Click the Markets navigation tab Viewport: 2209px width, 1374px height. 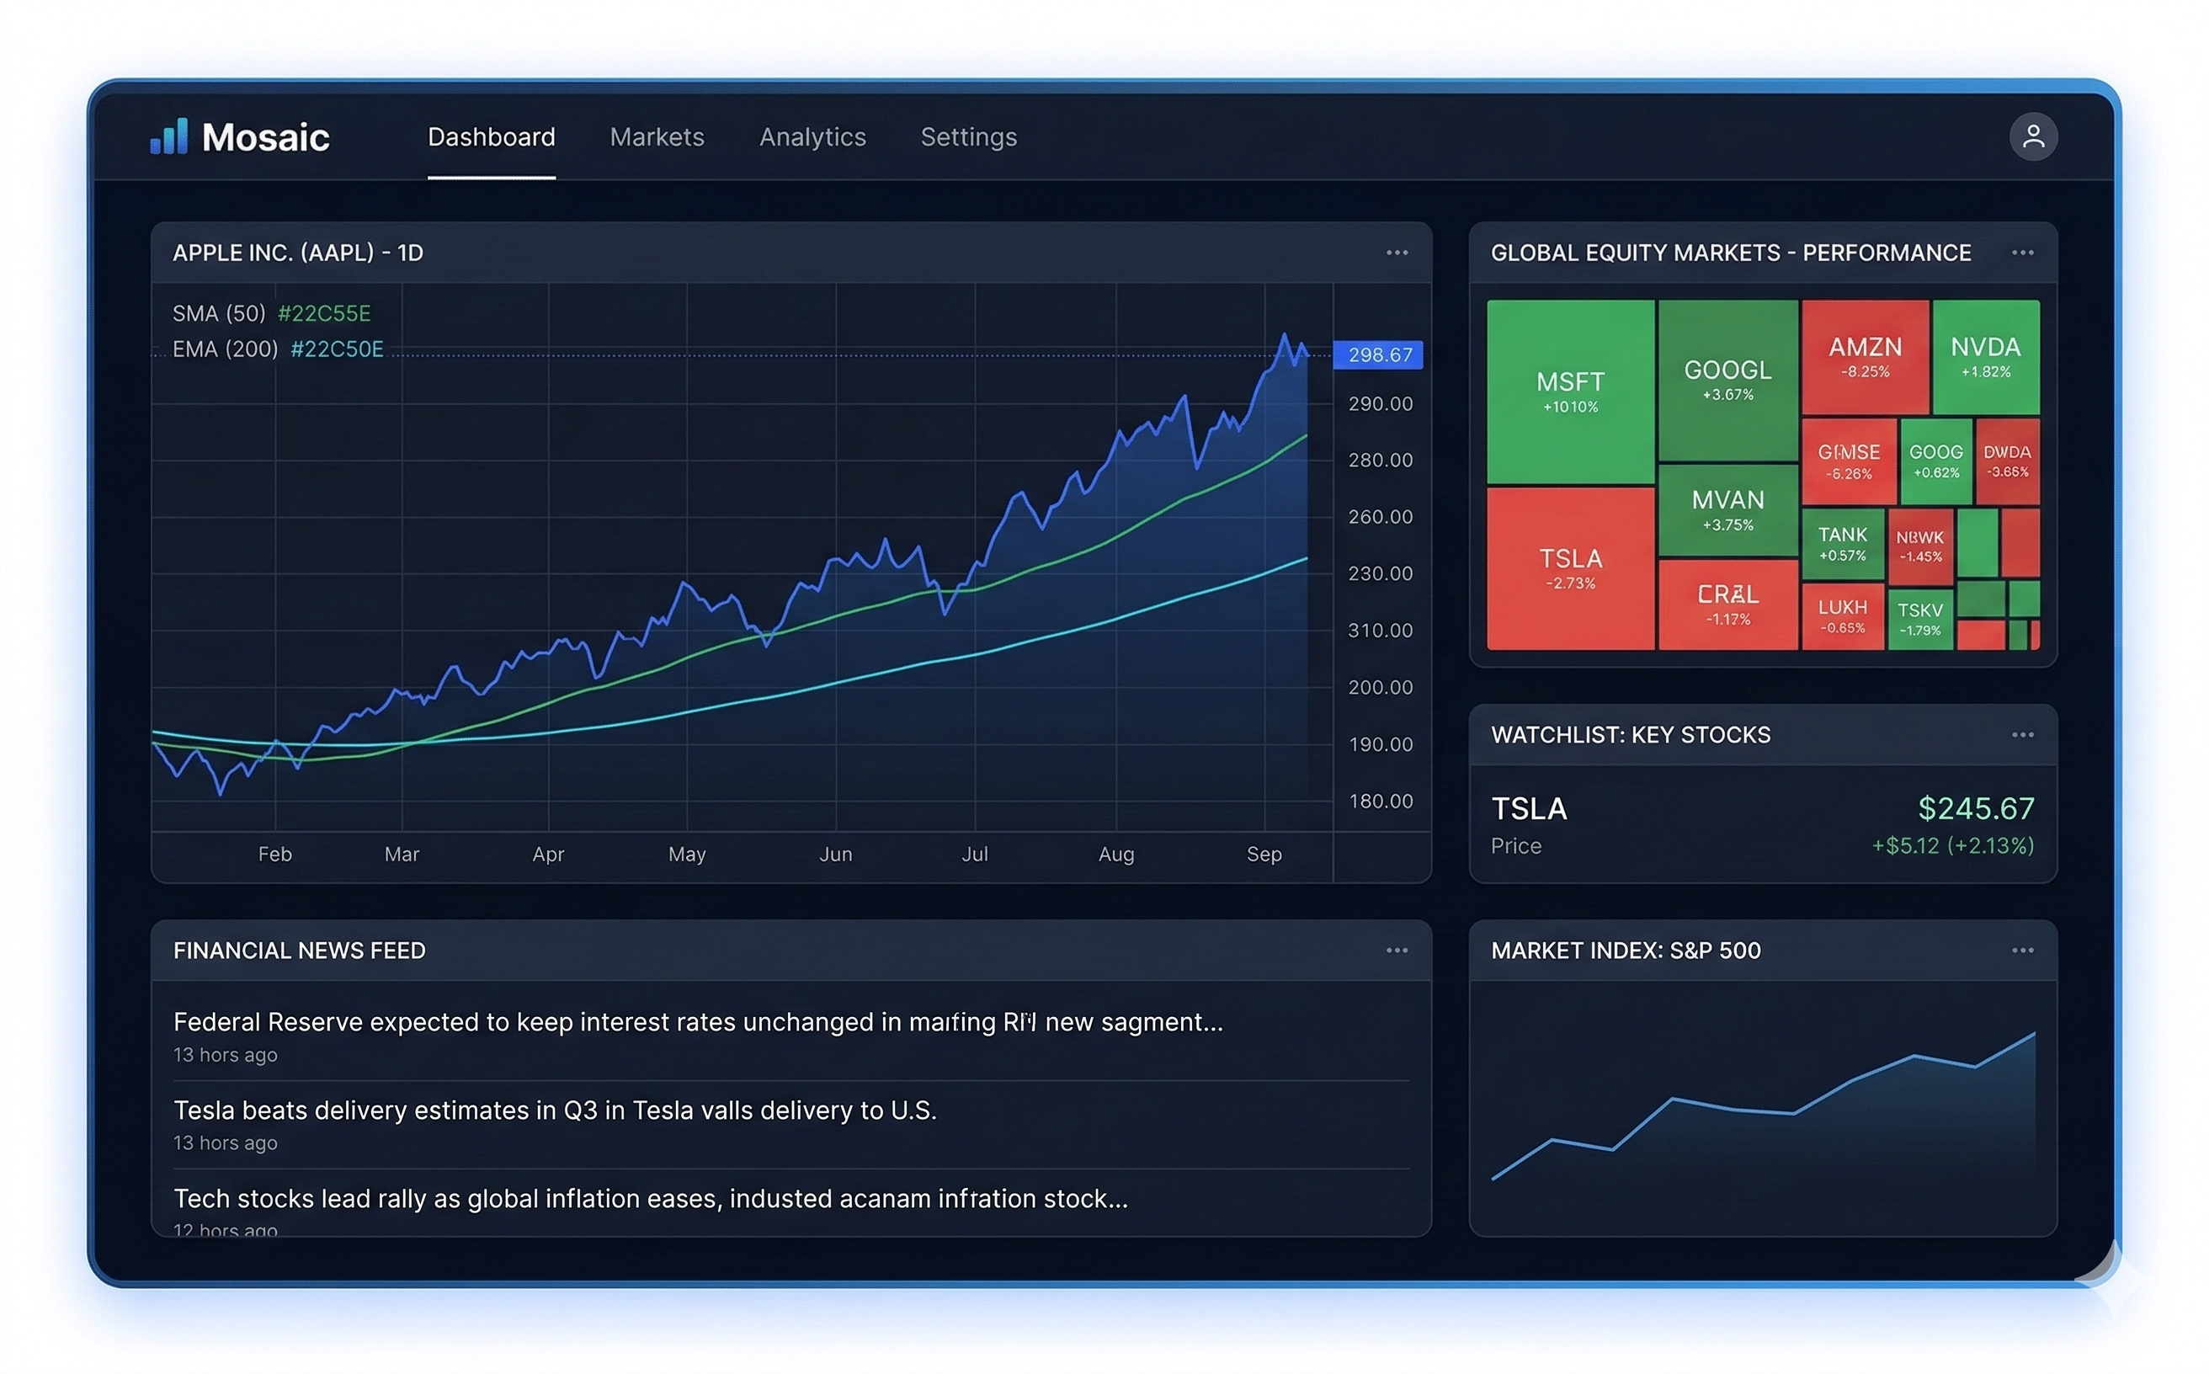point(656,137)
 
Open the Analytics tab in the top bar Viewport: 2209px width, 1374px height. point(812,137)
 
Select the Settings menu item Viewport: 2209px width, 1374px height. point(968,137)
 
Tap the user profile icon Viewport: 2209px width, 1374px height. point(2032,137)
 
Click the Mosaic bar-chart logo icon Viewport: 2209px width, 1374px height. point(169,136)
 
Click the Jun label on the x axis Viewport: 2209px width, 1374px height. point(835,855)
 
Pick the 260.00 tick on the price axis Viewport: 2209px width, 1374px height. point(1380,517)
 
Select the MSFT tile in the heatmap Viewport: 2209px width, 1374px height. point(1569,391)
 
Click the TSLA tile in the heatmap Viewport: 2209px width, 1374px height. point(1569,568)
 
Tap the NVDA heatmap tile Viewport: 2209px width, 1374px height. point(1984,357)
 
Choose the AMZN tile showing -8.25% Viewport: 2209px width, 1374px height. point(1864,357)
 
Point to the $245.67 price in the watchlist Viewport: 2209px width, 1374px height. point(1975,808)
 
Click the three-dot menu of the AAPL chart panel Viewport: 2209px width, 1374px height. point(1396,253)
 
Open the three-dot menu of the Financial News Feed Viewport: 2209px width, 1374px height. point(1396,951)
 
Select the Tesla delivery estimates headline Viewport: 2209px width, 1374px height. point(554,1110)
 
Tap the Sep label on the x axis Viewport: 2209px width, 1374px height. point(1263,855)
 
